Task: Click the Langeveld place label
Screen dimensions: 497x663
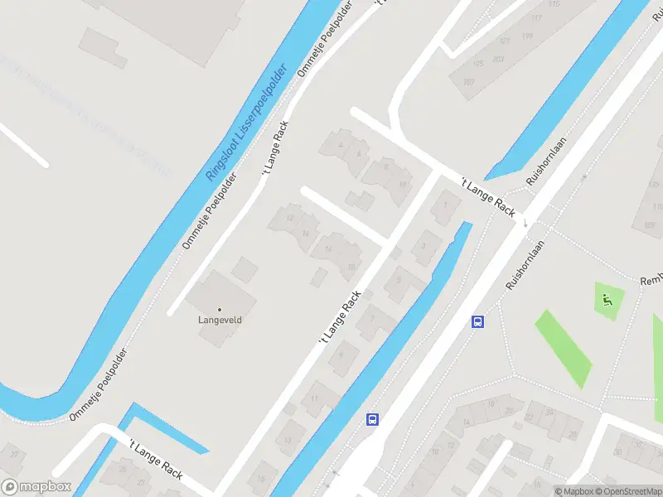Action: point(220,319)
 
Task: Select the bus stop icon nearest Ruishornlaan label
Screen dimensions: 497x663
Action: point(477,321)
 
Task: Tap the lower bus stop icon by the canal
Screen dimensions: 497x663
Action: point(373,419)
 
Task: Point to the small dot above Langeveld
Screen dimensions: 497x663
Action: point(220,309)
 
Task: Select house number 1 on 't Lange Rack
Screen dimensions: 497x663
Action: point(446,205)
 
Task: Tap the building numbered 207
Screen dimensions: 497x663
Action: point(469,81)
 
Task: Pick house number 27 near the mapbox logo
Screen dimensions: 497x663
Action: point(13,453)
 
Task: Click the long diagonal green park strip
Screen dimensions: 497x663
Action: point(564,348)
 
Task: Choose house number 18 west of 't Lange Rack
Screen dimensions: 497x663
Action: point(351,266)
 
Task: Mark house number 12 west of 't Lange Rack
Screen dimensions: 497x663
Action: point(289,218)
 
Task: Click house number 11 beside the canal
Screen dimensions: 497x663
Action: point(313,399)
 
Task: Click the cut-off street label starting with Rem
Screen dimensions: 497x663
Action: point(651,281)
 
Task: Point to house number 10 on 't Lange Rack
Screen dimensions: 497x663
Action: point(403,185)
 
